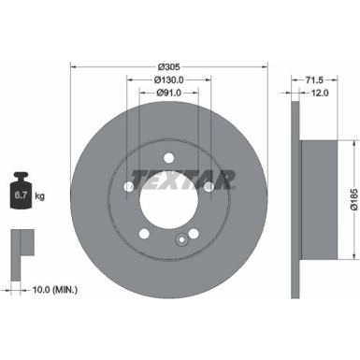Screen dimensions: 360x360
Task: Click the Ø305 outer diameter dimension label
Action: [168, 65]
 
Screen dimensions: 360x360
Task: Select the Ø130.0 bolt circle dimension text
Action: [168, 79]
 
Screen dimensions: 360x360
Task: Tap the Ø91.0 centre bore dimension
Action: [168, 92]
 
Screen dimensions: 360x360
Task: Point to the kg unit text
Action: [41, 196]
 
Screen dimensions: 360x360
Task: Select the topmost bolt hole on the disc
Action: [168, 155]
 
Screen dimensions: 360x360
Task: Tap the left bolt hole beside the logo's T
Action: [129, 188]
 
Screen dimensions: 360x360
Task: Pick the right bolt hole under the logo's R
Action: [208, 188]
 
